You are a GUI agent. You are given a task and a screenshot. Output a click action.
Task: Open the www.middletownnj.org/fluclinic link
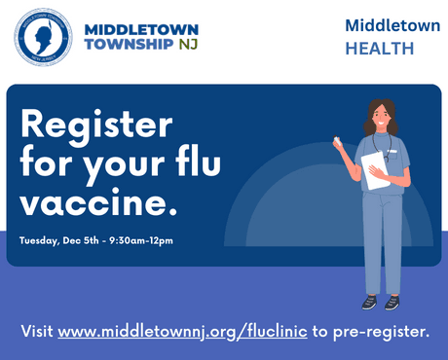click(182, 331)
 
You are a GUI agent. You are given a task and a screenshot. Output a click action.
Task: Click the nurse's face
click(377, 122)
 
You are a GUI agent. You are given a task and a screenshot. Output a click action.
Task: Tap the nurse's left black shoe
click(369, 303)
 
